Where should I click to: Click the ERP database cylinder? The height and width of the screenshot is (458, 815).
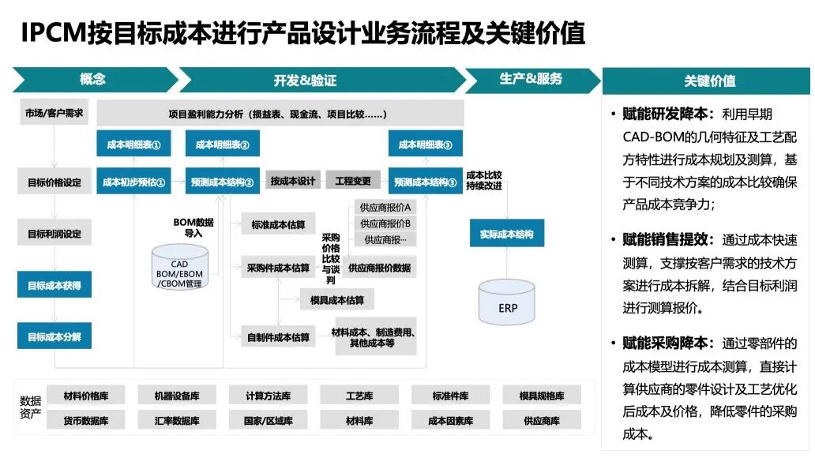pos(509,306)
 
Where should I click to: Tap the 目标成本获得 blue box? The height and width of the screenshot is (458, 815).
pos(54,285)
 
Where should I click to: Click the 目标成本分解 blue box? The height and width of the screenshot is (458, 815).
pos(54,336)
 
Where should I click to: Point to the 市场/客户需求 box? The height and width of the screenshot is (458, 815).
pos(54,112)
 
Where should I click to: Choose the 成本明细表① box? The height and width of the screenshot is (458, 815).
pos(133,145)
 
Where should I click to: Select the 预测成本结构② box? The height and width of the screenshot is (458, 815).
pos(222,182)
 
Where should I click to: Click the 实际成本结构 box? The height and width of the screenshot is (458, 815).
pos(506,234)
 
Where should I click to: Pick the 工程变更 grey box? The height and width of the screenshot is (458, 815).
pos(353,181)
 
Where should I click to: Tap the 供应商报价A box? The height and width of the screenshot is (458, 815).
pos(385,207)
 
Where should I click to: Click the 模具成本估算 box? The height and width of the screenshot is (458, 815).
pos(337,300)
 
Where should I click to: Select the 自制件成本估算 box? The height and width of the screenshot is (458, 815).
pos(278,337)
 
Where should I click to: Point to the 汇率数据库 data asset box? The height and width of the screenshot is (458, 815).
pos(177,421)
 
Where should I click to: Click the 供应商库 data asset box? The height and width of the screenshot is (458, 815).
pos(541,421)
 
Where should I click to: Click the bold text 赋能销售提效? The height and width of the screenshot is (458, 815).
pos(668,239)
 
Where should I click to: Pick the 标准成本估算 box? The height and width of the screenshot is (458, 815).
pos(278,225)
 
